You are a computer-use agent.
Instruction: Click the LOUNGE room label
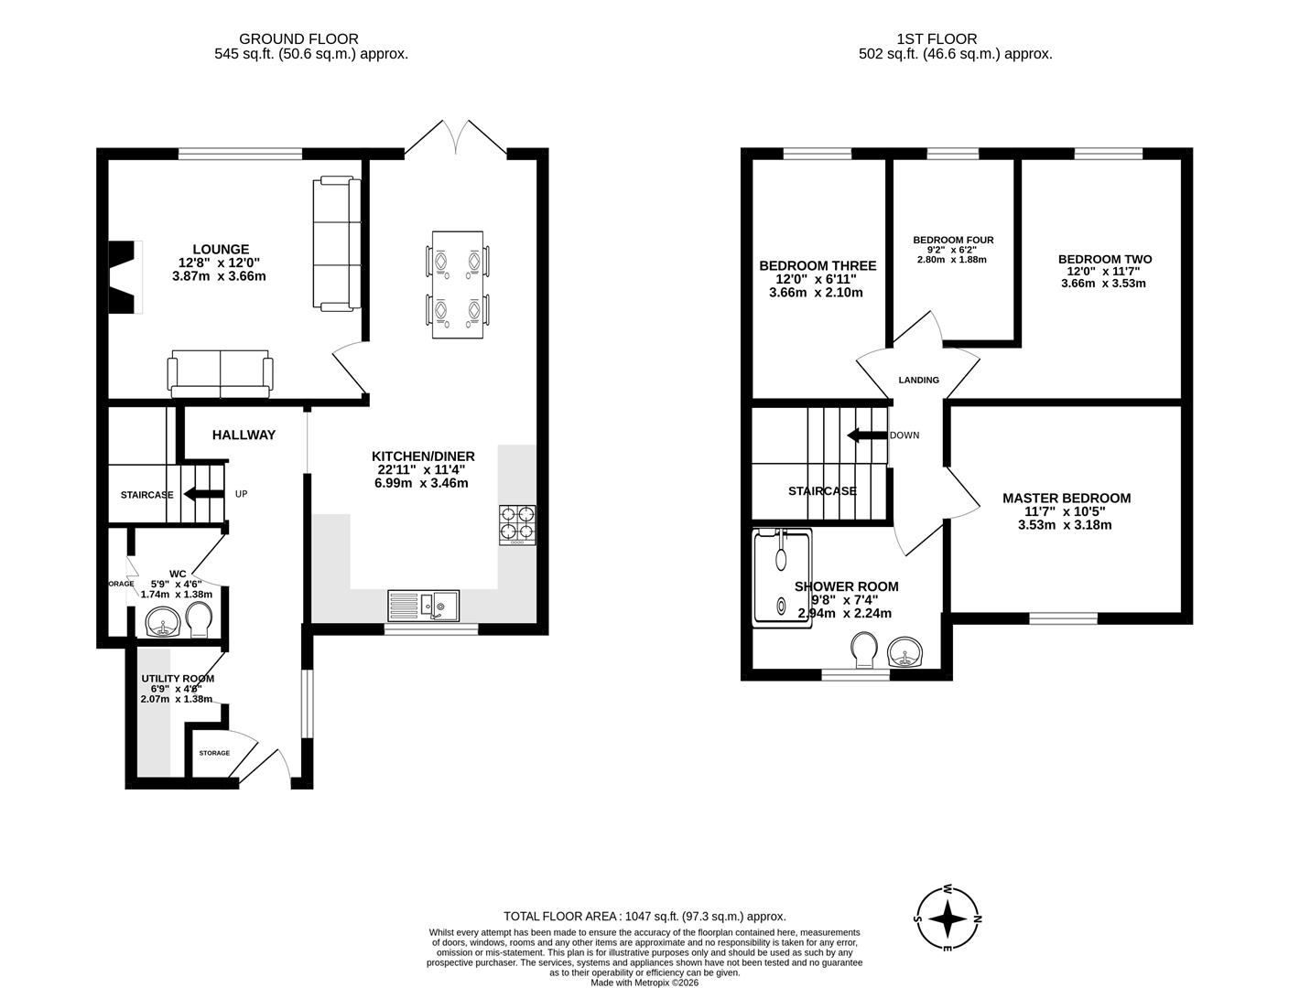pos(220,249)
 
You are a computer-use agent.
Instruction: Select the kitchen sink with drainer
pos(424,605)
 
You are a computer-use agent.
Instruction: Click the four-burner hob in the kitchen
pos(517,525)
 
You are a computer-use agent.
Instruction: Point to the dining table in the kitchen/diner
pos(457,285)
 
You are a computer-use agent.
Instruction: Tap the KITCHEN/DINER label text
pos(423,456)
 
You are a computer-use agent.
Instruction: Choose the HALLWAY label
pos(244,435)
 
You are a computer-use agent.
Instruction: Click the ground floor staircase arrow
pos(203,494)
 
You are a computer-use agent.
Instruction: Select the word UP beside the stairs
pos(242,494)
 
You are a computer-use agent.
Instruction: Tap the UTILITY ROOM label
pos(178,678)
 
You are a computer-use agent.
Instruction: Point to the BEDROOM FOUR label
pos(953,240)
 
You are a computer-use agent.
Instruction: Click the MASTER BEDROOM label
pos(1067,498)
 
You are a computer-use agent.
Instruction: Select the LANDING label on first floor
pos(918,380)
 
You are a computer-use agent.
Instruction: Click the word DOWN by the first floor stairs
pos(904,435)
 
